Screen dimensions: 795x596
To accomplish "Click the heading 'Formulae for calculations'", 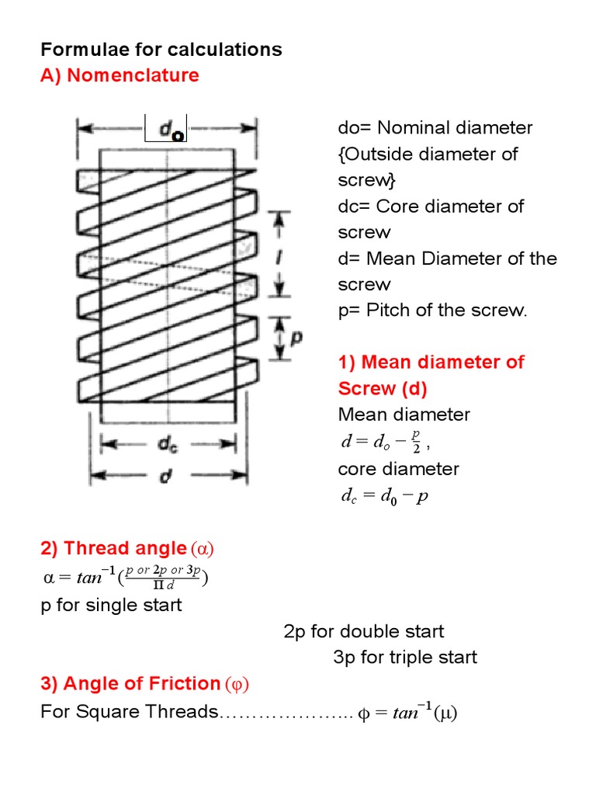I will click(161, 50).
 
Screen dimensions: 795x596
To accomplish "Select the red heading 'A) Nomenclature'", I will click(120, 75).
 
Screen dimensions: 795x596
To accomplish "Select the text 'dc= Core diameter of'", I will click(431, 207).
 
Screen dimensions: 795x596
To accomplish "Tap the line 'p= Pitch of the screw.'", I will click(432, 311).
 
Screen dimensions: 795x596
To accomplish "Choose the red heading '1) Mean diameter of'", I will click(431, 362).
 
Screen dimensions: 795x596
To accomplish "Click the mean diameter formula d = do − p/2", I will click(385, 443).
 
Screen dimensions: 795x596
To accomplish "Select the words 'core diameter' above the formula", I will click(398, 469).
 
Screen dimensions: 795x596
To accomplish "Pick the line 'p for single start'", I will click(111, 605).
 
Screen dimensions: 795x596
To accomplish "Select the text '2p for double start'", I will click(364, 631).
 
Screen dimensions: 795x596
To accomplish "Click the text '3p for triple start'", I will click(405, 658).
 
